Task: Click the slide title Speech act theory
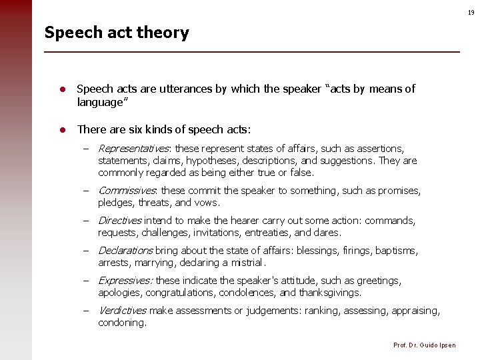point(117,33)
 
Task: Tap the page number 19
point(471,13)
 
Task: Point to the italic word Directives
point(119,221)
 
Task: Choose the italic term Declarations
point(125,251)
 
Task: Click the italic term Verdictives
point(122,311)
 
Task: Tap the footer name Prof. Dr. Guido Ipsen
point(425,345)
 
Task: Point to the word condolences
point(248,293)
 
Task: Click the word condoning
point(121,323)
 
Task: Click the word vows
point(207,203)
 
